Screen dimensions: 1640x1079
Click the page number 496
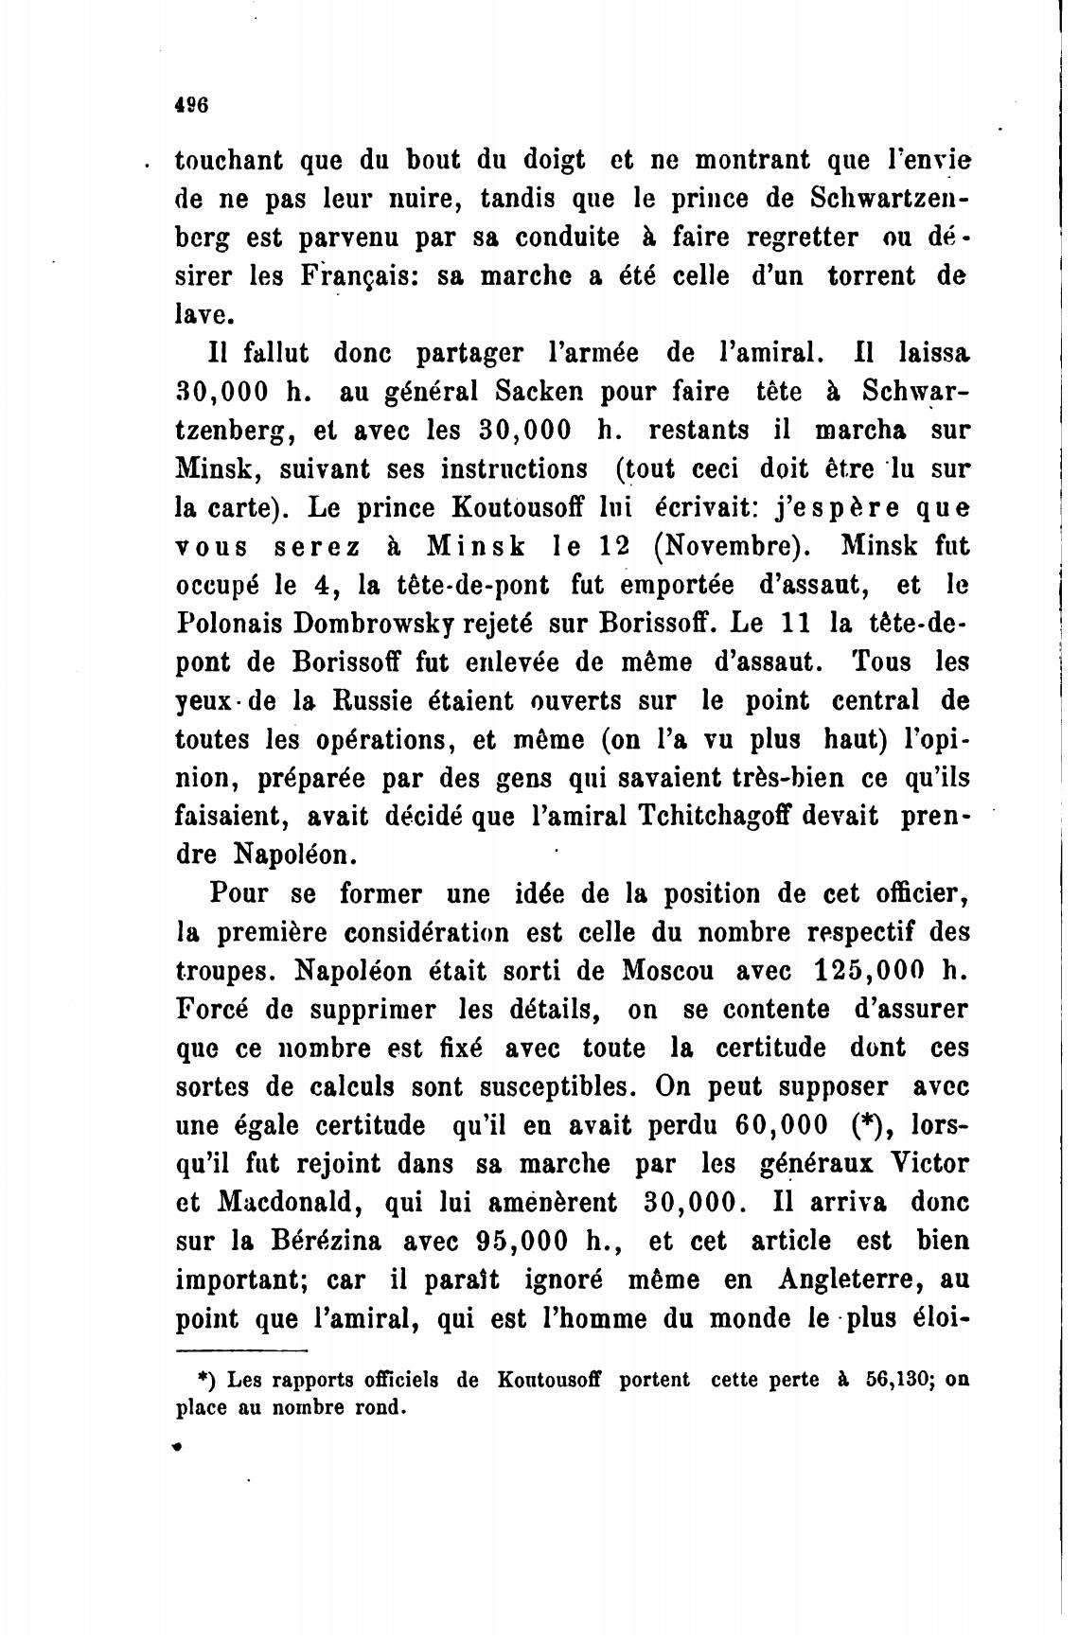pyautogui.click(x=191, y=104)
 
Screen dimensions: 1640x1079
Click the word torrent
pyautogui.click(x=872, y=276)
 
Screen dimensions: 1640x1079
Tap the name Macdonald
pyautogui.click(x=292, y=1203)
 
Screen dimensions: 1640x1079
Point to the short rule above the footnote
pyautogui.click(x=242, y=1351)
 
